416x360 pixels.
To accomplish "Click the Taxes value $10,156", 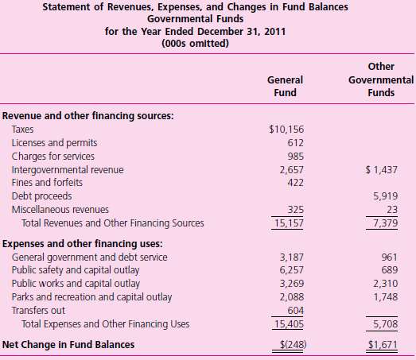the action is [288, 129].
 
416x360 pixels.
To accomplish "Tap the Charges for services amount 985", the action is [295, 157].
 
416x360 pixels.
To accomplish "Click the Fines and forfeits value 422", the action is [295, 183].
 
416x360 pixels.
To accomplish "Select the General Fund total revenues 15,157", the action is [291, 223].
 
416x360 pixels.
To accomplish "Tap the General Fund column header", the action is [285, 87].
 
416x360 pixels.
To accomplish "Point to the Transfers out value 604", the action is [295, 310].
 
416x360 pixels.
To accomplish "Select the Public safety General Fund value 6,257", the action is [291, 269].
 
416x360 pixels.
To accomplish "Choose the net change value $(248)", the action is [290, 344].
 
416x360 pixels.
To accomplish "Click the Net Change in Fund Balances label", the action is [67, 344].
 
